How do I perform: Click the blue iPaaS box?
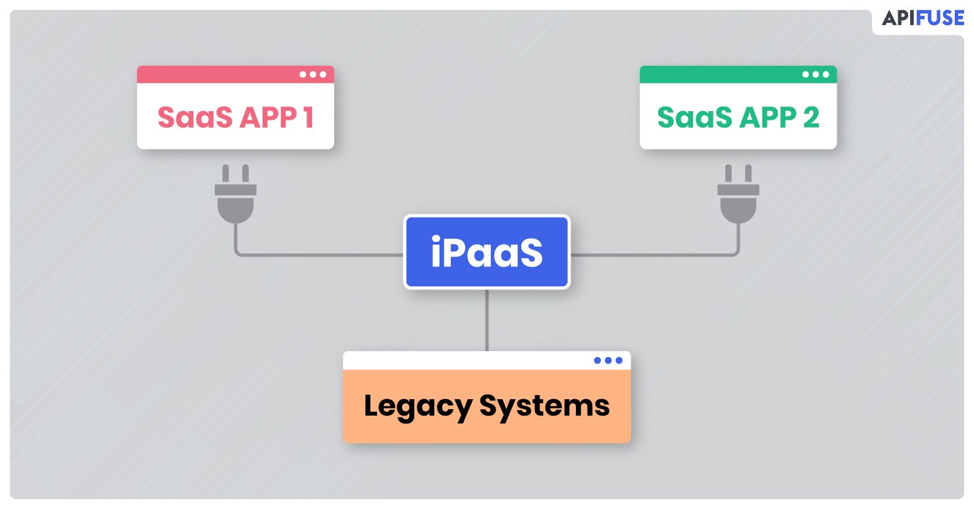pos(486,252)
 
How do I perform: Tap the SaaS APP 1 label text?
pos(236,117)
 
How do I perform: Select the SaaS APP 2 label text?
pos(738,117)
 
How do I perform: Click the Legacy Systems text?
pos(486,406)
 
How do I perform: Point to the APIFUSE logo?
pos(923,18)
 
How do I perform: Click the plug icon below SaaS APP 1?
pos(236,194)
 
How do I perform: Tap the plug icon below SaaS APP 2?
pos(738,194)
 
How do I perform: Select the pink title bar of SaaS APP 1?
pos(236,74)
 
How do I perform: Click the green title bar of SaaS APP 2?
pos(738,74)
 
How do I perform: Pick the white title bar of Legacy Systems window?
pos(486,360)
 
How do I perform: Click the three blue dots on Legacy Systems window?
pos(608,360)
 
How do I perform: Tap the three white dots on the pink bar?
pos(313,74)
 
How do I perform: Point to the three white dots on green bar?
pos(815,74)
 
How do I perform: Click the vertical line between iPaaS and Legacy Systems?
pos(486,320)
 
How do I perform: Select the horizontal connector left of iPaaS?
pos(320,254)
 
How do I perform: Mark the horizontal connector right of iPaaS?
pos(654,254)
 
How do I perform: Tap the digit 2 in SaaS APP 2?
pos(811,117)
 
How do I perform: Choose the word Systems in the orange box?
pos(544,406)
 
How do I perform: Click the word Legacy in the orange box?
pos(418,406)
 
